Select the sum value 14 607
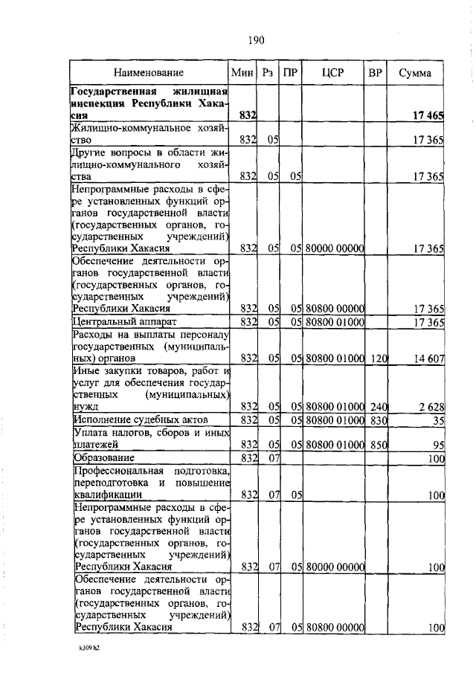pos(428,358)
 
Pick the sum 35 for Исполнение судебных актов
pos(437,421)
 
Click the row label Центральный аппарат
pos(118,322)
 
